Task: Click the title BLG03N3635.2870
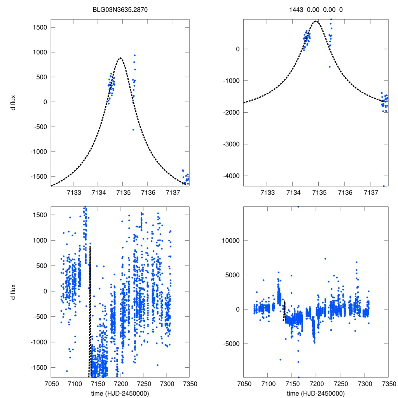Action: tap(120, 9)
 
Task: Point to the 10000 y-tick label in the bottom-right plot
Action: tap(230, 241)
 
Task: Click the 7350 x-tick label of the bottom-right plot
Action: tap(388, 384)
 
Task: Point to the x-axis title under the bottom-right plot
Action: tap(316, 393)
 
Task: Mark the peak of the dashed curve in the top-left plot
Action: tap(120, 58)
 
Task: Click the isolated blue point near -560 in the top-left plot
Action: tap(133, 129)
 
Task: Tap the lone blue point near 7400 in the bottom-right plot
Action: tap(325, 258)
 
